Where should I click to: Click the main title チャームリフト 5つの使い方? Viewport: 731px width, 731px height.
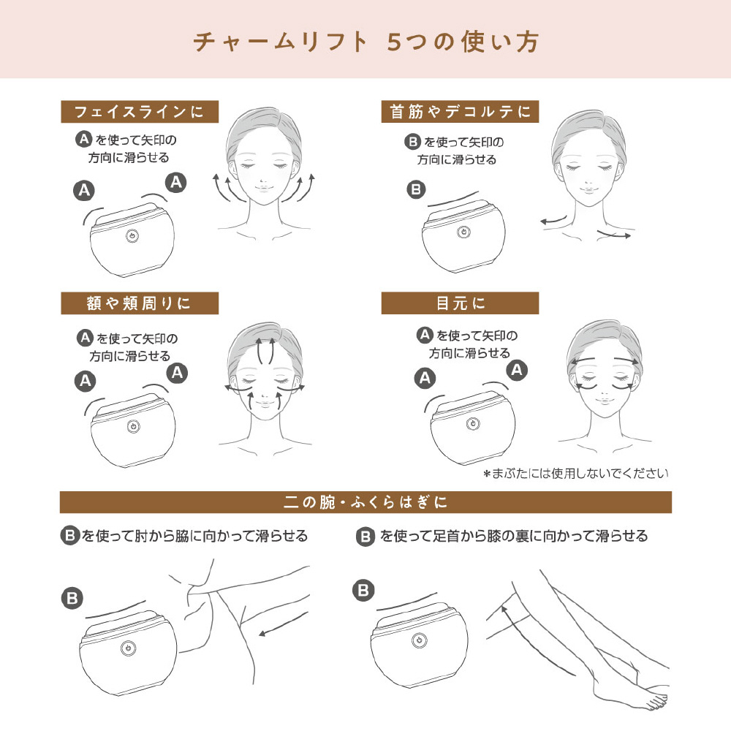[366, 42]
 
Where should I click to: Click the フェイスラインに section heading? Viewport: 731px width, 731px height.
[140, 112]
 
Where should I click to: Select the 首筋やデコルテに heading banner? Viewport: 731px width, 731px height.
[460, 112]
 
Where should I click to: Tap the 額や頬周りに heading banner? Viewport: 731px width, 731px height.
[140, 303]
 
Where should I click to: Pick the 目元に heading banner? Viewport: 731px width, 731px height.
[460, 303]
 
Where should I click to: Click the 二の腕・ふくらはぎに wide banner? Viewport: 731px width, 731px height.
[365, 502]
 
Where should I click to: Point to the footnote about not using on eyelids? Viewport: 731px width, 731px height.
[576, 474]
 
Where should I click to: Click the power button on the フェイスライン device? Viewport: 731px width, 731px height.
[132, 236]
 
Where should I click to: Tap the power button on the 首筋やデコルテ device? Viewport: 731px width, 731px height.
[463, 232]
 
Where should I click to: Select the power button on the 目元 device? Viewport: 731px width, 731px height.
[473, 424]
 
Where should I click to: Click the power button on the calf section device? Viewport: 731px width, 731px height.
[419, 640]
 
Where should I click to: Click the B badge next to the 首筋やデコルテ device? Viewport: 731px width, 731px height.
[416, 190]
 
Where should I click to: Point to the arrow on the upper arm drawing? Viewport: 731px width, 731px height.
[284, 624]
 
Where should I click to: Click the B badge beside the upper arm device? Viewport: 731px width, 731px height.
[72, 598]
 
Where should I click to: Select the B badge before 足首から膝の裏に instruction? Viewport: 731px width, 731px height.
[365, 537]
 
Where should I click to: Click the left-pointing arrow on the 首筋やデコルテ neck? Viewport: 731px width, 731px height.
[553, 220]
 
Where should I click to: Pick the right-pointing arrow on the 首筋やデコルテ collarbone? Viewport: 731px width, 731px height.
[614, 234]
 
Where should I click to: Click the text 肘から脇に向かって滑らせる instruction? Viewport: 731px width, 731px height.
[221, 536]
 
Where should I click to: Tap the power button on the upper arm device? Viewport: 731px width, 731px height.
[128, 648]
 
